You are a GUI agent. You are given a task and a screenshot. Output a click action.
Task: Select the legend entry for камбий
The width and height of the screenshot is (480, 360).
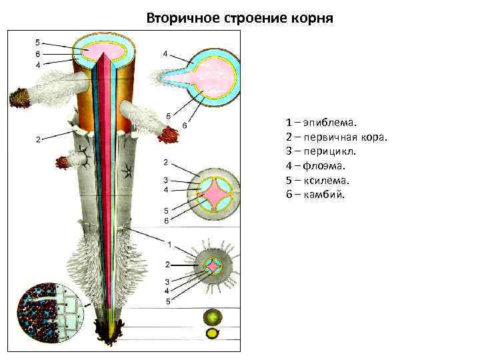(315, 195)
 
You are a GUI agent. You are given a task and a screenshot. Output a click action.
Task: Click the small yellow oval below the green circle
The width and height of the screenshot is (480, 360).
(213, 333)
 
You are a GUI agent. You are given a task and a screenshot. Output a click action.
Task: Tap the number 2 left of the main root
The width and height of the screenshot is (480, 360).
(38, 139)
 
